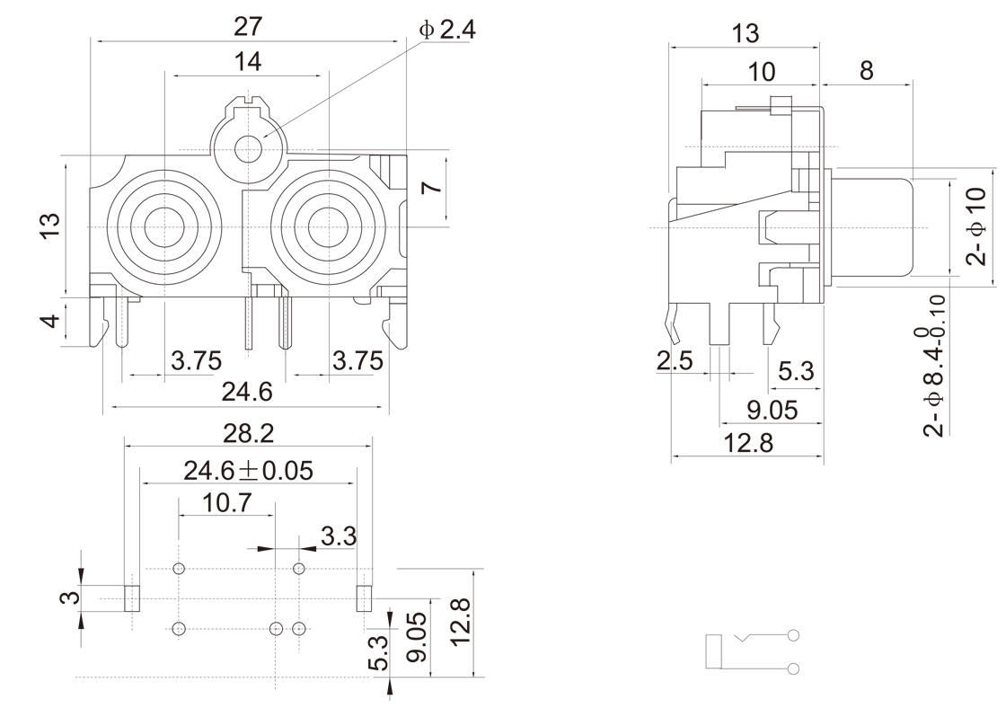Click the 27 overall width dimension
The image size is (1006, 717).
248,27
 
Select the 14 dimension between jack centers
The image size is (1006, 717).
248,62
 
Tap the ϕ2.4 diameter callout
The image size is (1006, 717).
446,31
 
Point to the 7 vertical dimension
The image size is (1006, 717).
431,188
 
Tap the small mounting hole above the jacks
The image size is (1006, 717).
247,149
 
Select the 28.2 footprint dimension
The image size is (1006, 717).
248,433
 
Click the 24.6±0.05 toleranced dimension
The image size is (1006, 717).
249,470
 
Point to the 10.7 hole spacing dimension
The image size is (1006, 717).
226,503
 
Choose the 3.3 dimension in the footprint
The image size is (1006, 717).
339,537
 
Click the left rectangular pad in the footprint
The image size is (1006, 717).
131,597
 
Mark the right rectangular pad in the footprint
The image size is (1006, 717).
365,597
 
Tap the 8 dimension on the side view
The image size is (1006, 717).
866,71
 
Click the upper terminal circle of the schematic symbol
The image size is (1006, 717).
793,636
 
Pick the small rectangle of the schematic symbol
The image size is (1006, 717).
714,651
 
